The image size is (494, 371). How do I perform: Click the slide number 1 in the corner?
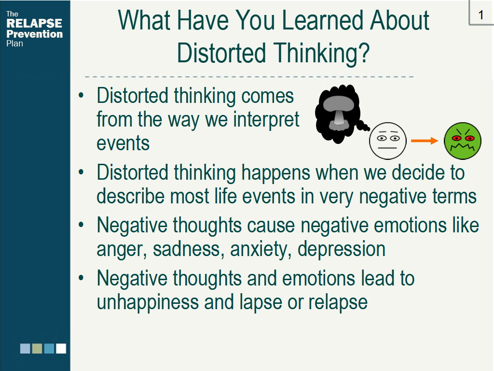(x=481, y=15)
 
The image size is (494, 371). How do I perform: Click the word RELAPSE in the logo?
(x=34, y=23)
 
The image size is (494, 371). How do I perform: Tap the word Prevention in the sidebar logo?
(x=34, y=34)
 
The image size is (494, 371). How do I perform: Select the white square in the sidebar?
(x=61, y=349)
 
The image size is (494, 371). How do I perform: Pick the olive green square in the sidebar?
(x=37, y=349)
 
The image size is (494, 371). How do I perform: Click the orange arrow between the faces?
(x=425, y=141)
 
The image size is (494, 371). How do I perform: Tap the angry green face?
(x=463, y=141)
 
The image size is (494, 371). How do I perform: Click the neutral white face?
(x=388, y=141)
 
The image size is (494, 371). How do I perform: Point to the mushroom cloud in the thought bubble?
(x=339, y=113)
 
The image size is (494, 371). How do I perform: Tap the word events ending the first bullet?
(x=123, y=143)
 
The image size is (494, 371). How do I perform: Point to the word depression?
(x=342, y=249)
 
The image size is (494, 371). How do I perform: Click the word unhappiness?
(x=148, y=302)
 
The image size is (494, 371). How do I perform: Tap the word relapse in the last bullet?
(x=338, y=302)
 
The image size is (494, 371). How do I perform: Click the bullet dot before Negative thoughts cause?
(x=81, y=225)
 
